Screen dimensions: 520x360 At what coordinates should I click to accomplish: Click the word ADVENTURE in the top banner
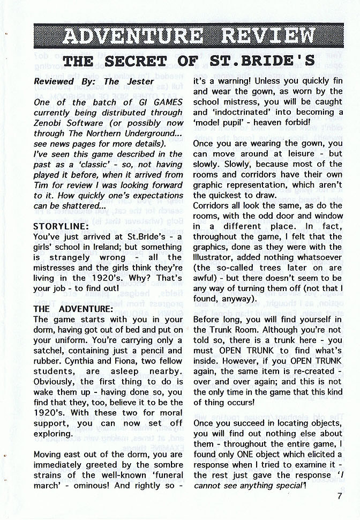pos(132,36)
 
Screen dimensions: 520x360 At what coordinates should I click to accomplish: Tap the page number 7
pos(340,496)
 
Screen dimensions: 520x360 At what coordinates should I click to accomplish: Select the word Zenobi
pos(50,123)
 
